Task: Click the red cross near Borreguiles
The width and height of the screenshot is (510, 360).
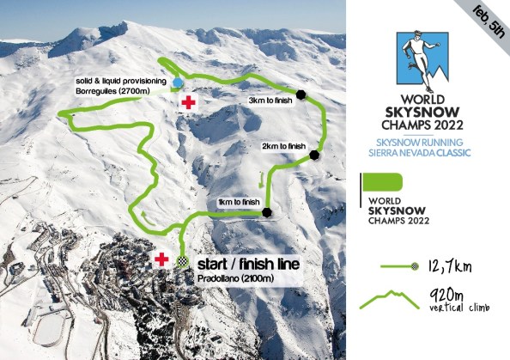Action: pyautogui.click(x=186, y=102)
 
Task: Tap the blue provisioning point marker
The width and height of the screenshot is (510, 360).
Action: pyautogui.click(x=178, y=82)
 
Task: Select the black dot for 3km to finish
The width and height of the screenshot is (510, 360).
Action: pyautogui.click(x=301, y=94)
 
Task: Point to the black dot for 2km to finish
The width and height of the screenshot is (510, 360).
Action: pyautogui.click(x=314, y=156)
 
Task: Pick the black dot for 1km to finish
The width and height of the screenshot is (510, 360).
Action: pyautogui.click(x=267, y=212)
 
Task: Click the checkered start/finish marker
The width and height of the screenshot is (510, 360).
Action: pyautogui.click(x=182, y=262)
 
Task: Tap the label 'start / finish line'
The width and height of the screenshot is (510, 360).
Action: pyautogui.click(x=249, y=264)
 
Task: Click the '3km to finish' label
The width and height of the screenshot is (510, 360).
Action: pyautogui.click(x=270, y=101)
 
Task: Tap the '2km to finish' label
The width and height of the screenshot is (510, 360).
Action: pyautogui.click(x=283, y=146)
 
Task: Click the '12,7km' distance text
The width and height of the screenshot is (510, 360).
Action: pyautogui.click(x=452, y=265)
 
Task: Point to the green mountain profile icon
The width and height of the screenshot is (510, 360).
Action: pyautogui.click(x=388, y=299)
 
